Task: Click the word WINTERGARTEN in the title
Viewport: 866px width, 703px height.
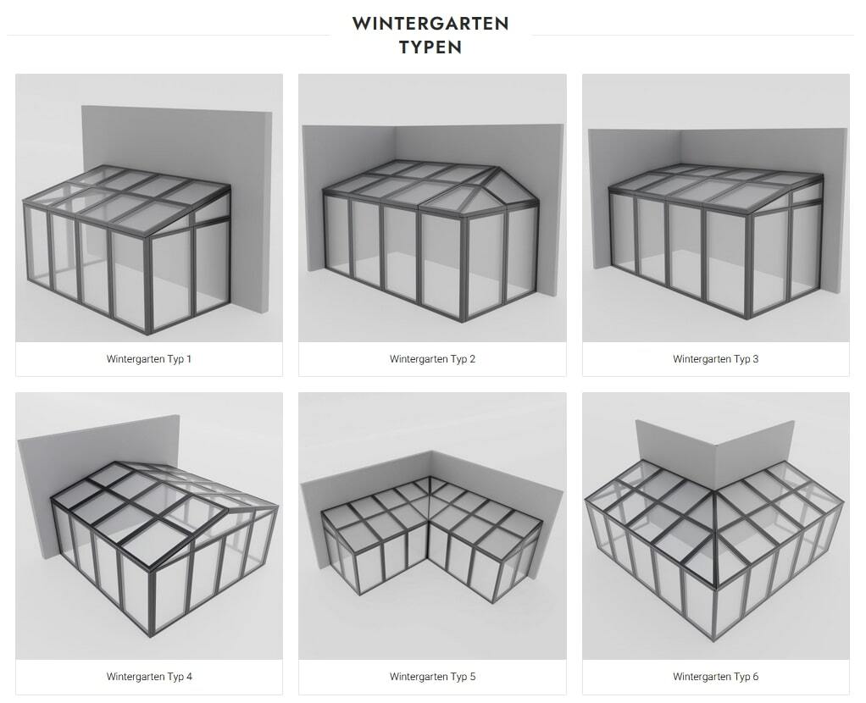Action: click(x=430, y=24)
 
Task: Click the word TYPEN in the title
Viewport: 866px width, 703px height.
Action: click(x=430, y=47)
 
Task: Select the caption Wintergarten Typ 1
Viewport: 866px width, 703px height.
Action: click(x=149, y=359)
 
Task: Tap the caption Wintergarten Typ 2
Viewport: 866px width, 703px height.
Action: click(x=432, y=359)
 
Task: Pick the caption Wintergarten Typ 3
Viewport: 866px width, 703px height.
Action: click(x=716, y=359)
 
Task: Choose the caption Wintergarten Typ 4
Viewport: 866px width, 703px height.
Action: click(x=149, y=677)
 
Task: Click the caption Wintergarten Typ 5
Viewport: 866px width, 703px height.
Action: click(x=432, y=677)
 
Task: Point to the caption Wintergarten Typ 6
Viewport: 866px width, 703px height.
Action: click(x=716, y=677)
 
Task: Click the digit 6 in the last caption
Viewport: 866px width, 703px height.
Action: click(x=756, y=677)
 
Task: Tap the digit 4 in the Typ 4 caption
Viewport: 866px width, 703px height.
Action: click(x=189, y=677)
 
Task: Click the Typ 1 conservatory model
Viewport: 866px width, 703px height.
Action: click(x=127, y=248)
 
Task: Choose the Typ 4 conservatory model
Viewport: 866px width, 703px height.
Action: click(x=164, y=546)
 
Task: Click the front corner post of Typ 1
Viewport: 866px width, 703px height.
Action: click(x=147, y=285)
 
